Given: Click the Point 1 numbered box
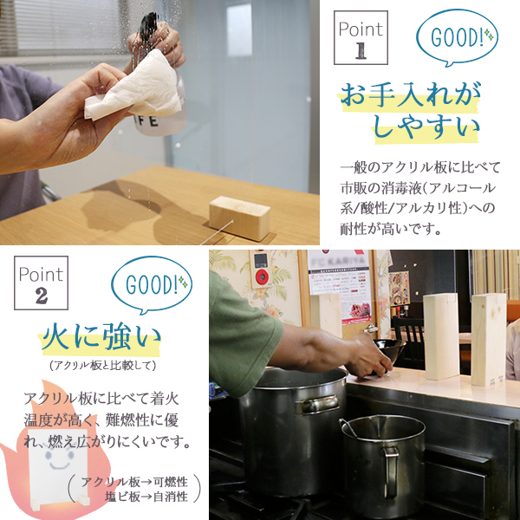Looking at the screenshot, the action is [x=361, y=37].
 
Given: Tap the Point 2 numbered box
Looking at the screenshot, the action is [x=41, y=283].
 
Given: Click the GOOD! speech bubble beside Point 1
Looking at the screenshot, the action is [x=457, y=37].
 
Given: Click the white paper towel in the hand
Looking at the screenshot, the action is [x=134, y=88].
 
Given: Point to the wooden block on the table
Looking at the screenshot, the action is [x=239, y=218].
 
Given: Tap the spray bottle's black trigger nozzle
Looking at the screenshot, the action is [x=148, y=26].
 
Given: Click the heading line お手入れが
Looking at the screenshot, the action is [x=410, y=95].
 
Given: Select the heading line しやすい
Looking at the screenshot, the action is [x=426, y=126].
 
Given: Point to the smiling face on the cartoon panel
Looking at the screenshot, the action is [x=60, y=456].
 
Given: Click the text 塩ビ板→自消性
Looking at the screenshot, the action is [x=146, y=497].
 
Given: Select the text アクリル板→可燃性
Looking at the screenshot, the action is [x=134, y=482].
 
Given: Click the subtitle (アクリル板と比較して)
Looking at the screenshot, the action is [x=102, y=366].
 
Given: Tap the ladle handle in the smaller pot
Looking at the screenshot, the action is [x=348, y=428].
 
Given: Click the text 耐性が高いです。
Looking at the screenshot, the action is [x=391, y=229].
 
